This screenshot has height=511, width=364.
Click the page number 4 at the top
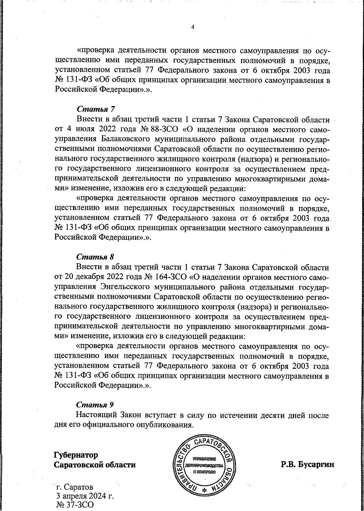[193, 27]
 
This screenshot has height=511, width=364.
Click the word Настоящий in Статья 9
[97, 415]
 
